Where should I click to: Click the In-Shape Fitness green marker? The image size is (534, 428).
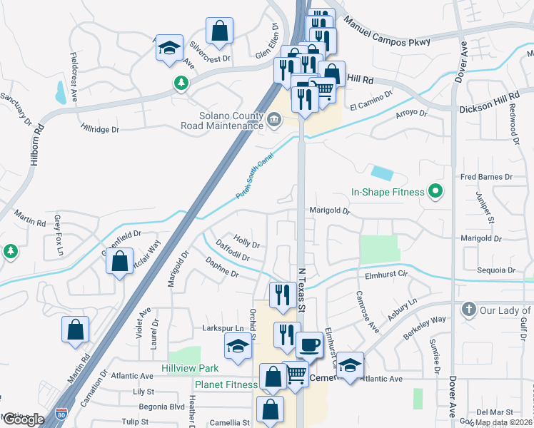click(433, 191)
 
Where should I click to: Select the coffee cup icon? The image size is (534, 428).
click(308, 345)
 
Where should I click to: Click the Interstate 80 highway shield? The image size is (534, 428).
click(62, 413)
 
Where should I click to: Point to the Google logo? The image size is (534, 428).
click(23, 419)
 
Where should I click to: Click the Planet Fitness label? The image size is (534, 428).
click(226, 384)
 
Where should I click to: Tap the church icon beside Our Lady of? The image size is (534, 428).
click(468, 310)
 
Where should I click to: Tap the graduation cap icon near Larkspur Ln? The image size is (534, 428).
click(238, 346)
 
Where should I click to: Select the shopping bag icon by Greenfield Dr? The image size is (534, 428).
click(120, 261)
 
